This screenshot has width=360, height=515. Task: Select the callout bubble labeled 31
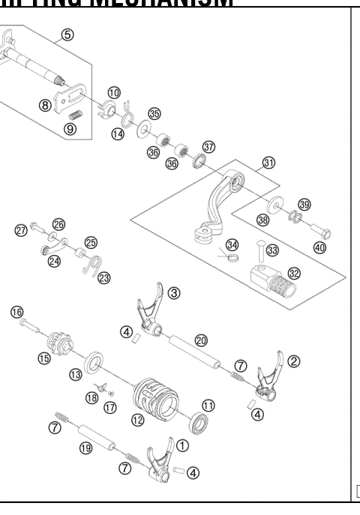tap(268, 163)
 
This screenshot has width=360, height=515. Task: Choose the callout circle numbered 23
tap(103, 279)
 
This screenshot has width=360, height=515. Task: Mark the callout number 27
tap(22, 229)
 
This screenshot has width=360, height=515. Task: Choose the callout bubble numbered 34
tap(232, 245)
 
